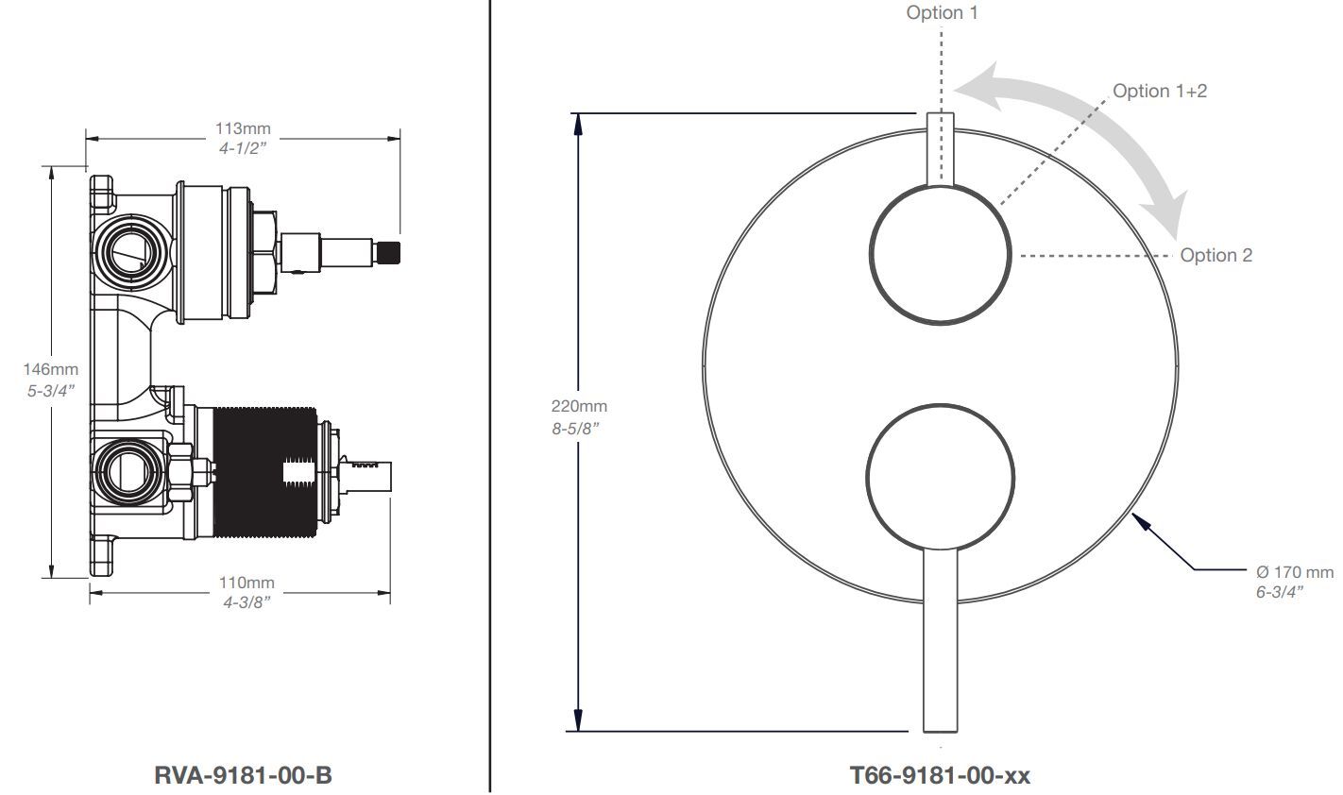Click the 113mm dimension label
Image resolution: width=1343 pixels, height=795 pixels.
click(x=243, y=128)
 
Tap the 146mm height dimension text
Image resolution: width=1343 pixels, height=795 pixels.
click(x=51, y=369)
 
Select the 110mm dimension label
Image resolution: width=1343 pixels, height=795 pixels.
click(x=246, y=583)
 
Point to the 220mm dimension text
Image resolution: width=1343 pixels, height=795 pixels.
click(x=579, y=406)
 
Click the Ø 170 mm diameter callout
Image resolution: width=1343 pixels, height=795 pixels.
click(x=1295, y=572)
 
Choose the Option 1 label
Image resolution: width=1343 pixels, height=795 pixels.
click(x=942, y=12)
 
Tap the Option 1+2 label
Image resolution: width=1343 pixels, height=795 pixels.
click(x=1160, y=92)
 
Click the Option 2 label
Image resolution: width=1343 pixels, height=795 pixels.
click(x=1215, y=256)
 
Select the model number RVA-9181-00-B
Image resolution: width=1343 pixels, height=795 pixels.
click(x=243, y=775)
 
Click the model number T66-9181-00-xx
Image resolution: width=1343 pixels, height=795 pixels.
click(x=940, y=775)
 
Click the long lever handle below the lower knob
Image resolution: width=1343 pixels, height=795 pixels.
click(x=940, y=640)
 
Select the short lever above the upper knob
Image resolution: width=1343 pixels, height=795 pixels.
click(x=940, y=149)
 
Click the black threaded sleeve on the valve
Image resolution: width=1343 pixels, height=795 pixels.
click(x=265, y=472)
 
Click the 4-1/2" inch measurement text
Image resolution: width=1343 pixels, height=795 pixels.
click(x=242, y=148)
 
